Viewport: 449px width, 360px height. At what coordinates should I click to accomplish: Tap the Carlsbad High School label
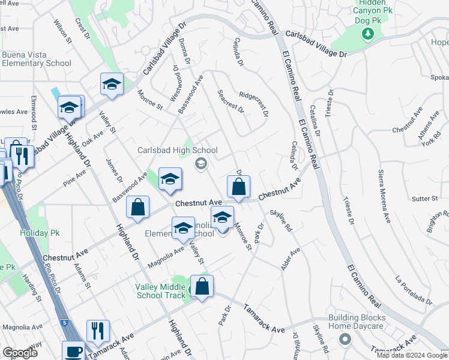click(177, 150)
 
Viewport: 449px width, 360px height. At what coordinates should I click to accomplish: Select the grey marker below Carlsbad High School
click(201, 163)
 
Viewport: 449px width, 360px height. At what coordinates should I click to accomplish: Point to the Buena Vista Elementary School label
click(36, 59)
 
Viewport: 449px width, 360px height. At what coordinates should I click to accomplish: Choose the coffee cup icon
click(74, 351)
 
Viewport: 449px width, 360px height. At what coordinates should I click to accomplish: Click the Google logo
click(20, 353)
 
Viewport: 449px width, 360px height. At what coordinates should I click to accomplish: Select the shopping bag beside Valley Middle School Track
click(202, 287)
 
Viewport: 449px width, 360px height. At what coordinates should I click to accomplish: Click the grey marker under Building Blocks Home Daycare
click(345, 340)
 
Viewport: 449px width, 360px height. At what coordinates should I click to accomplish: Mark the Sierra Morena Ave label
click(384, 196)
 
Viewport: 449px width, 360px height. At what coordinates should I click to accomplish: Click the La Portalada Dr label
click(414, 289)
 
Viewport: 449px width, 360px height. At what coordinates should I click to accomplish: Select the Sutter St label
click(425, 199)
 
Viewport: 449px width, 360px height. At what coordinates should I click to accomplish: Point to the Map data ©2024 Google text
click(412, 355)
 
